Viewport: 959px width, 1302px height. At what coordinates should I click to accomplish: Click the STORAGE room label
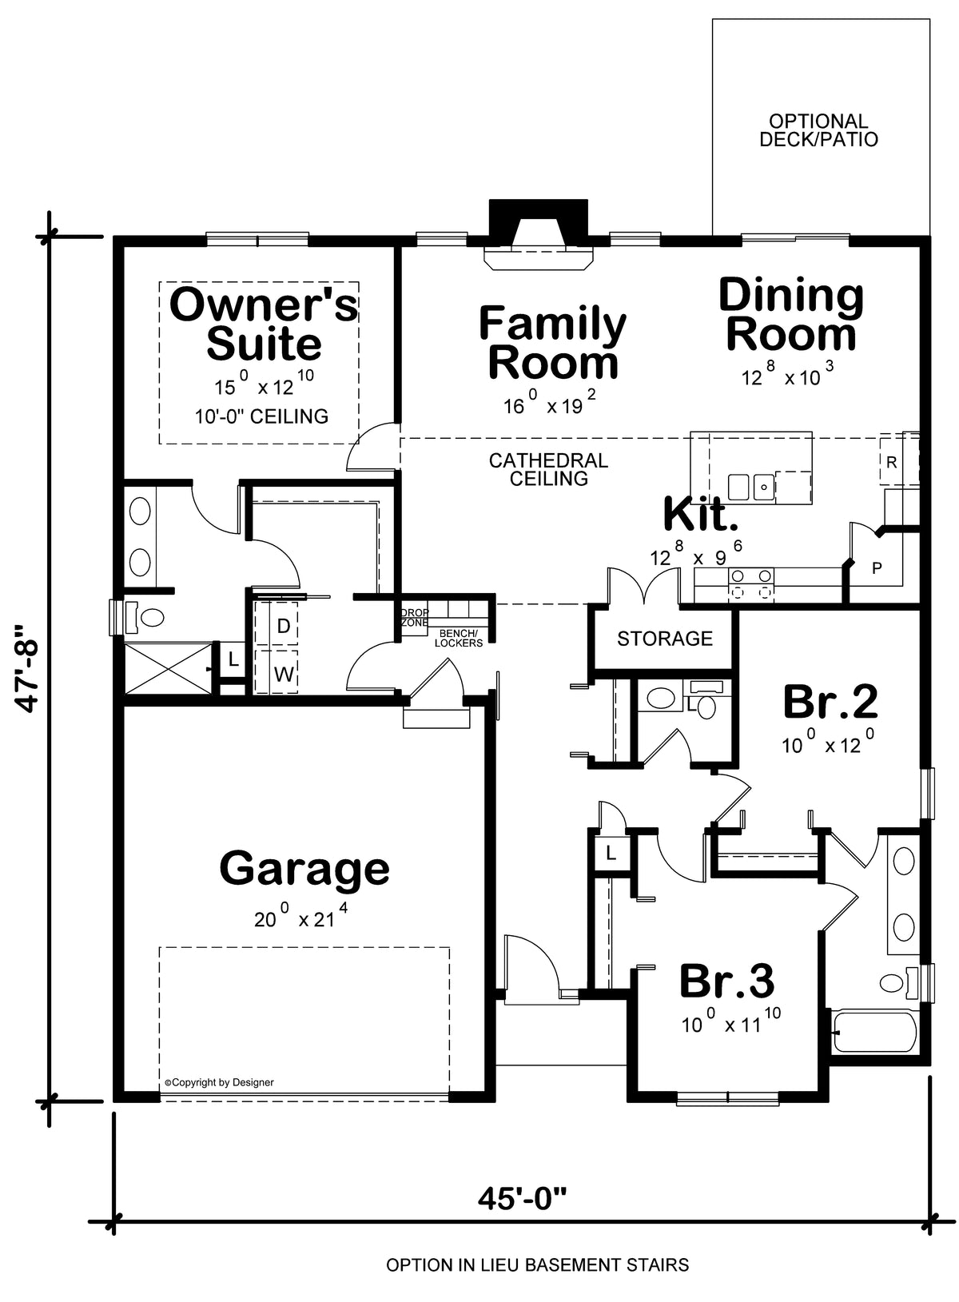665,639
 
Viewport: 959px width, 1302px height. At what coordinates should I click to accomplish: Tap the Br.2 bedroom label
830,702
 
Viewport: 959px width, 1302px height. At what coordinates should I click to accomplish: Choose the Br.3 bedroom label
726,981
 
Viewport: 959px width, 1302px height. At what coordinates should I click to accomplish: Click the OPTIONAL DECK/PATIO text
818,130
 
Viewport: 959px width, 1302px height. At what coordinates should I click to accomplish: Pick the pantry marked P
877,568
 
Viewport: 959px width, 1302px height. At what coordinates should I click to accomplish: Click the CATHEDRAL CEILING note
548,469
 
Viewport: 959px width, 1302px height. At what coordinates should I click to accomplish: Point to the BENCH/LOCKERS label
459,639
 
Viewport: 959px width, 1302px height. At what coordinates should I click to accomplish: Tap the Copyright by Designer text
219,1082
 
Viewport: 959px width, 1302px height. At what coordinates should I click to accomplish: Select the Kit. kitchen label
701,514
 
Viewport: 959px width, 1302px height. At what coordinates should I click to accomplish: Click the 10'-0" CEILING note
261,416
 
